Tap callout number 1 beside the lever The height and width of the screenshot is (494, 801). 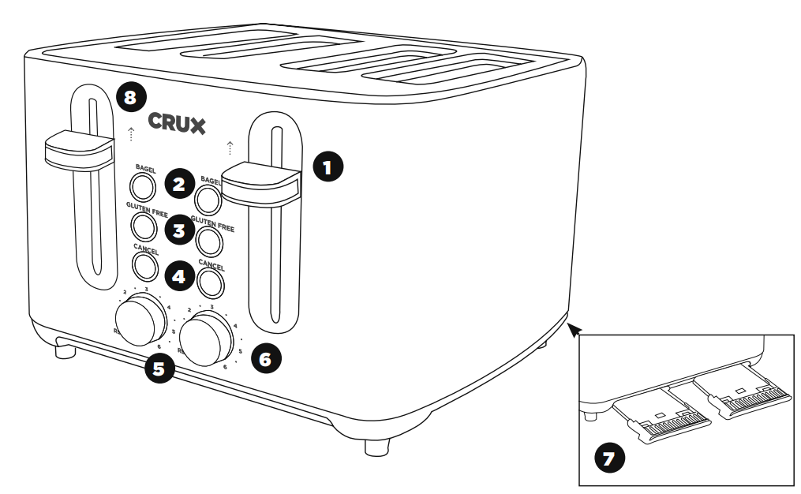click(x=328, y=168)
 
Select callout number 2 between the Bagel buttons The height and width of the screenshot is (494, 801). click(x=179, y=185)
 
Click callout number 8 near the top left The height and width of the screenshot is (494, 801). click(x=130, y=99)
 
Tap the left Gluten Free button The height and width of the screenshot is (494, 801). click(x=143, y=226)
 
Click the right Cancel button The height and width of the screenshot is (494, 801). click(x=211, y=279)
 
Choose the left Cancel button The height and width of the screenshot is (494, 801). click(x=144, y=267)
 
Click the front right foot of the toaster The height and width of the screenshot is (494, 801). click(x=376, y=446)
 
